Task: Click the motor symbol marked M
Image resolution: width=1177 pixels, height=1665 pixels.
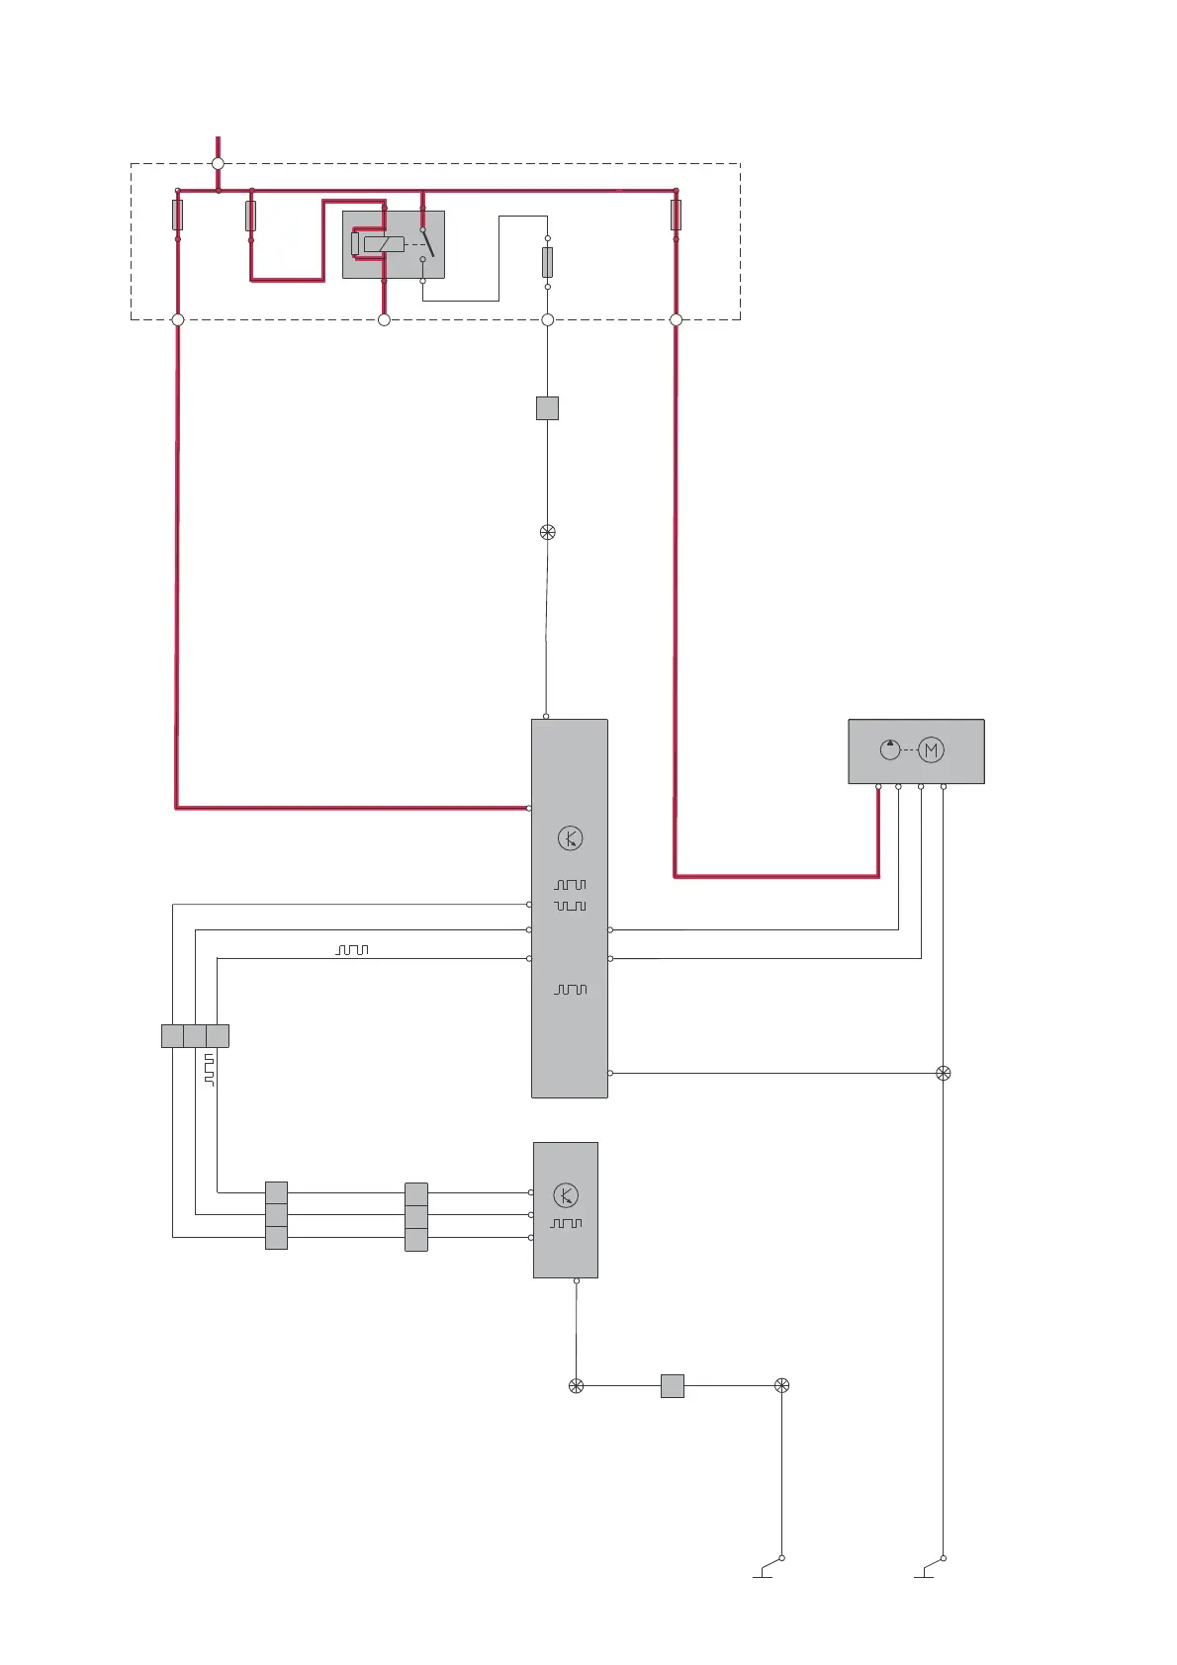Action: pyautogui.click(x=931, y=750)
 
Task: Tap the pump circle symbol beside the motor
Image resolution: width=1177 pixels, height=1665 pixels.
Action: pyautogui.click(x=890, y=749)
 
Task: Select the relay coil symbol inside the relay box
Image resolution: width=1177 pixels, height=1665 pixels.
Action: pyautogui.click(x=383, y=244)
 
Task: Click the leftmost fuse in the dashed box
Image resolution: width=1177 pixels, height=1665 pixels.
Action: pyautogui.click(x=178, y=215)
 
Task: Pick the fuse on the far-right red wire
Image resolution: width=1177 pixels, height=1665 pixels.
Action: pyautogui.click(x=676, y=215)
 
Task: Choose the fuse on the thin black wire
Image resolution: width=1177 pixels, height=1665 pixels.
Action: pyautogui.click(x=547, y=262)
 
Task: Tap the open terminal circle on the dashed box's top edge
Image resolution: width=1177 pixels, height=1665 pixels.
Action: pyautogui.click(x=218, y=164)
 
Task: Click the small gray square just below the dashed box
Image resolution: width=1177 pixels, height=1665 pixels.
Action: pyautogui.click(x=547, y=408)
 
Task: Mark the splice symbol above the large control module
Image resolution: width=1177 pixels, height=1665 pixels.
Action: pyautogui.click(x=548, y=533)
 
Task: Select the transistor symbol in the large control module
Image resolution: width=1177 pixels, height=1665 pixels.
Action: pyautogui.click(x=570, y=838)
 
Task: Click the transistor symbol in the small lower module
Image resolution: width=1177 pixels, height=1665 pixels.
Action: pyautogui.click(x=566, y=1195)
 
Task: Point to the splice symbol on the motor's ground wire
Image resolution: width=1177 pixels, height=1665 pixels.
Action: pyautogui.click(x=944, y=1074)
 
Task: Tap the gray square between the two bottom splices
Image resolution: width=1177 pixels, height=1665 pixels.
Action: pyautogui.click(x=673, y=1386)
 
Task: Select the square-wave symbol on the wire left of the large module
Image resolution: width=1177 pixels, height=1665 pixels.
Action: pyautogui.click(x=352, y=949)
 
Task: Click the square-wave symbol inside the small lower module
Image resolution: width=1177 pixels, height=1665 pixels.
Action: pyautogui.click(x=567, y=1224)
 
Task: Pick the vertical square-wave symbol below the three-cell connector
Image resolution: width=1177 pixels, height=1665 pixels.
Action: pyautogui.click(x=209, y=1070)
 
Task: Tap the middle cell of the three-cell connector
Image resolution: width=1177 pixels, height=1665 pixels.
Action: pyautogui.click(x=195, y=1036)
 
